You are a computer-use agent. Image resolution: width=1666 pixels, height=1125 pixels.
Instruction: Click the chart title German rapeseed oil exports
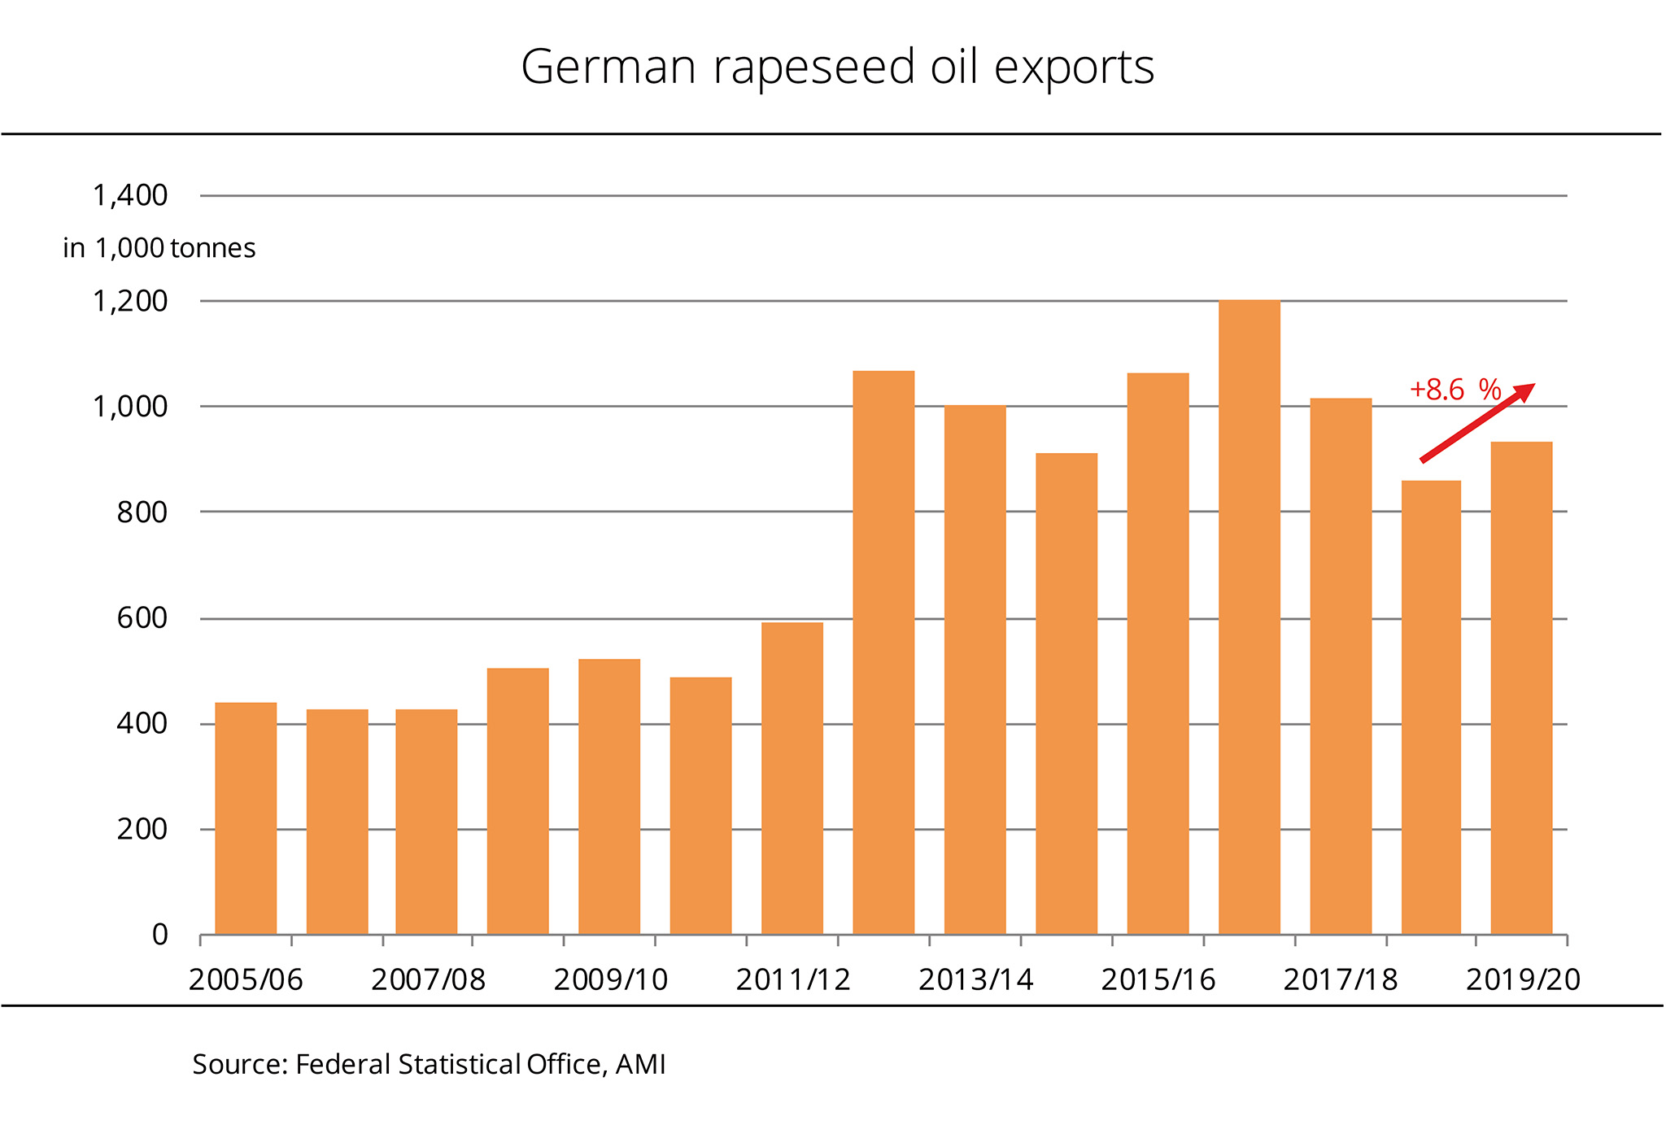837,67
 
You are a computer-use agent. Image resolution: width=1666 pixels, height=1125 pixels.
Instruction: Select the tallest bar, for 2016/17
1249,618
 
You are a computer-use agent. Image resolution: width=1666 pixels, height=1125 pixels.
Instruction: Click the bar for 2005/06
246,818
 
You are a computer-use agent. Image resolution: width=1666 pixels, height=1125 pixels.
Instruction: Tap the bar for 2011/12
792,778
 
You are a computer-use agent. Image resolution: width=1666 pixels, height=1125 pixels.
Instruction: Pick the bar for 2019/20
1521,688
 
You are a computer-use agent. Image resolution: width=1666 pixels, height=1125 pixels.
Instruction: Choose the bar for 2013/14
975,669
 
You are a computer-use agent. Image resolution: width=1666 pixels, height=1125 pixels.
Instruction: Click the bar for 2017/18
1341,666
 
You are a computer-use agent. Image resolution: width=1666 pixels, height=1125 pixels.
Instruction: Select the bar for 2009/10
609,796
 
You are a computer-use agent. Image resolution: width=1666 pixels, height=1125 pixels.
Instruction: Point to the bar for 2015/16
1158,653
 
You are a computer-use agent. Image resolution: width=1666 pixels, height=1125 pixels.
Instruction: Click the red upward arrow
1477,422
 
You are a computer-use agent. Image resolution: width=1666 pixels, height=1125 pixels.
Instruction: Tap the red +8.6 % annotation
1454,390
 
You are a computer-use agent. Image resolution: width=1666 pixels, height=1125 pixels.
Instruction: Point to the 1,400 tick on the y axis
130,196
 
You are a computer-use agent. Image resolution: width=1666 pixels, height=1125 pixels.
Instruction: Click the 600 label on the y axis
142,618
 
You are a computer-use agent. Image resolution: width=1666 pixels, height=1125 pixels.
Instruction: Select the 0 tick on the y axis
159,935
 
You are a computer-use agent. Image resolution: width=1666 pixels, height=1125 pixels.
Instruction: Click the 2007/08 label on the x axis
428,979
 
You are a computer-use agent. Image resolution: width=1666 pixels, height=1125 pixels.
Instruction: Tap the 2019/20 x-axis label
1523,979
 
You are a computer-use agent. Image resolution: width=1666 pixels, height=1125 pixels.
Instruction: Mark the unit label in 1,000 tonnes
159,248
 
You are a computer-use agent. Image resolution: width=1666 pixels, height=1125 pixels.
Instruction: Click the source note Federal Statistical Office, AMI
429,1064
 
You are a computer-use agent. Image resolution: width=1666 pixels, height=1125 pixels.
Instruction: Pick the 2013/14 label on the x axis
975,979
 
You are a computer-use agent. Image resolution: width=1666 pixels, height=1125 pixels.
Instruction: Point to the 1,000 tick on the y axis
130,407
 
